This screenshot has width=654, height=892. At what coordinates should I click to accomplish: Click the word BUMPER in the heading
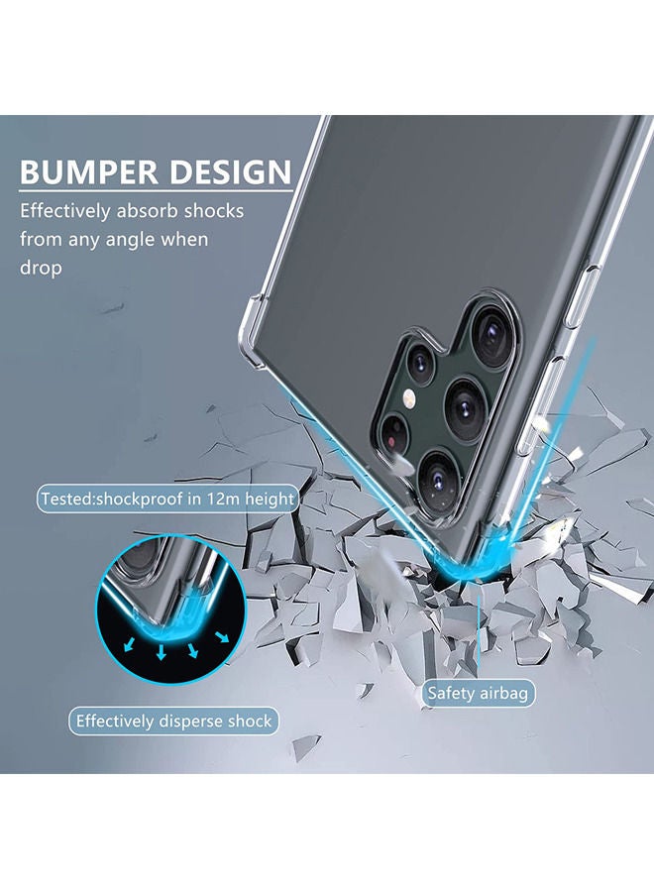[88, 171]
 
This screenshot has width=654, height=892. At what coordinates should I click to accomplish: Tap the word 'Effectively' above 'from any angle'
[68, 211]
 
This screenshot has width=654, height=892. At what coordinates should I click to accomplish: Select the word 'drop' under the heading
[41, 268]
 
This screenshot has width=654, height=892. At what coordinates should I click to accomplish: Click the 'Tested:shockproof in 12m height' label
[166, 499]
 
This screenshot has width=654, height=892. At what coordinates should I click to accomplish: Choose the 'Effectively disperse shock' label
[173, 721]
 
